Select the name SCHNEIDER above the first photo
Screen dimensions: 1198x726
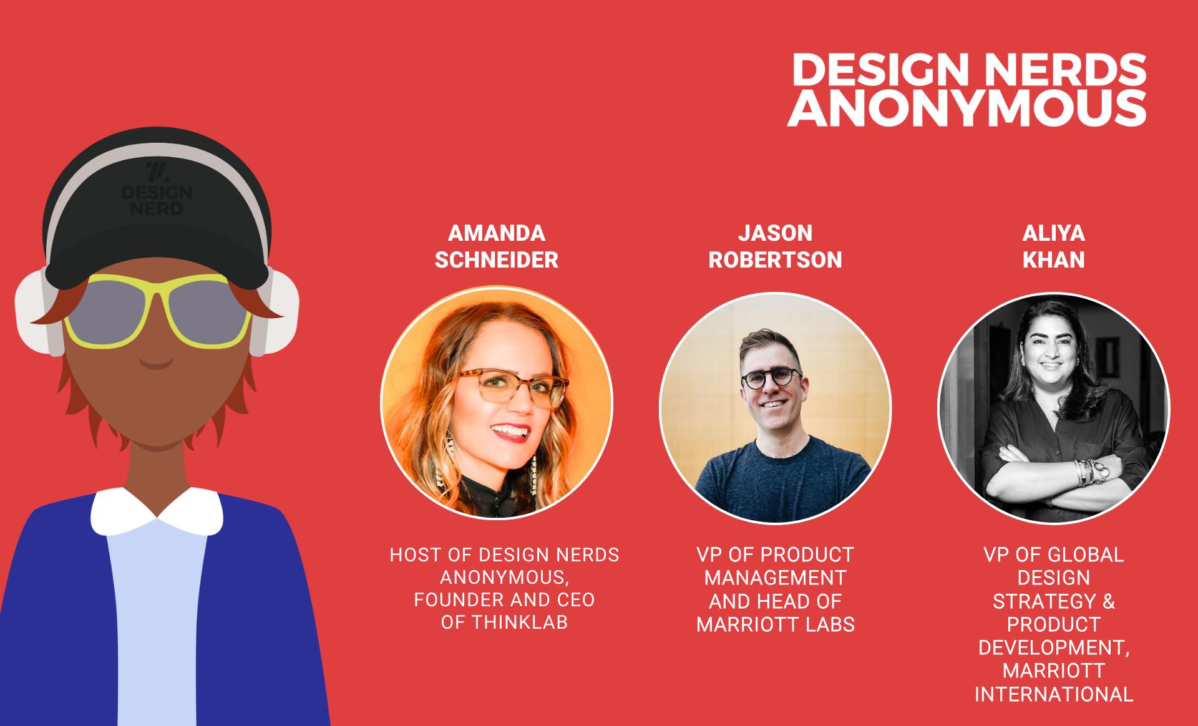click(x=497, y=259)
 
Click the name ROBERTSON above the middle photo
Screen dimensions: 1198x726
click(x=775, y=259)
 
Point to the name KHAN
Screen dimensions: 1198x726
click(x=1053, y=259)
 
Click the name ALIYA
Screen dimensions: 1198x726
click(x=1053, y=233)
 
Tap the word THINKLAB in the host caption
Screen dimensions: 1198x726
click(x=520, y=622)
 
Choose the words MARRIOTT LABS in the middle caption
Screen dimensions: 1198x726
click(x=776, y=624)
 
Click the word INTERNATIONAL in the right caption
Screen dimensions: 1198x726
click(x=1054, y=694)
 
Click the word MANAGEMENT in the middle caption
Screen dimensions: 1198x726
click(x=776, y=578)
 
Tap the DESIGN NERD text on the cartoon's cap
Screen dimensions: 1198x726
click(x=157, y=200)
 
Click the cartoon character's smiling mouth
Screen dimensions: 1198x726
click(x=156, y=364)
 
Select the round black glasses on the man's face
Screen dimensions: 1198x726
click(x=771, y=377)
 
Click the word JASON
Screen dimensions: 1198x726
click(x=775, y=233)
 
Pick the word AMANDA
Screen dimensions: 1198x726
click(x=497, y=233)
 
